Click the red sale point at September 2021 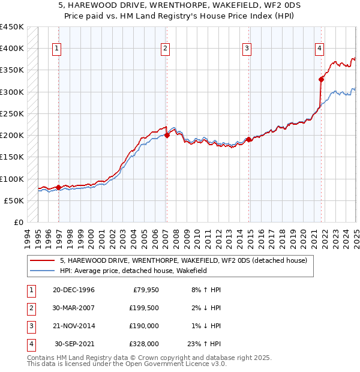point(322,79)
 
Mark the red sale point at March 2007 point(167,135)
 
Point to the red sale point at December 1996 point(58,187)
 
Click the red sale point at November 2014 point(248,139)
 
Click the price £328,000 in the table point(144,344)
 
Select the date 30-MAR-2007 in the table point(74,308)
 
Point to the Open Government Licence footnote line point(127,364)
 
